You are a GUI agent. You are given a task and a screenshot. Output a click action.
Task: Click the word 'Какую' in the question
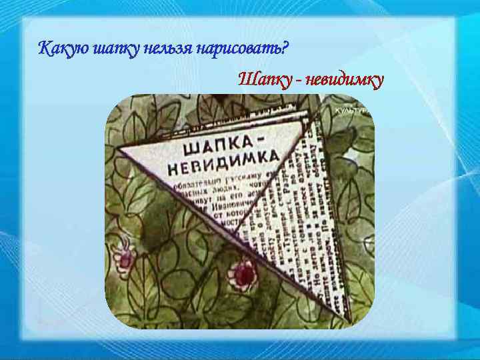click(x=61, y=49)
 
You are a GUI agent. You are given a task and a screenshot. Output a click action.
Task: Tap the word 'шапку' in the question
click(x=112, y=49)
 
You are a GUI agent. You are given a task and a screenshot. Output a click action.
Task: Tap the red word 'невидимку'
click(x=345, y=81)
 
